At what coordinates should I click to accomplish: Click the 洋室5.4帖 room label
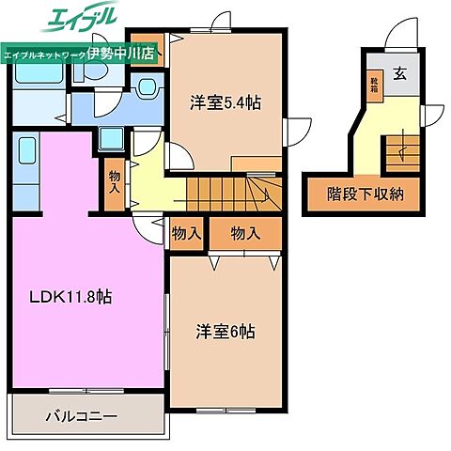(x=227, y=103)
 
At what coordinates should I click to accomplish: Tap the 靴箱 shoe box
(x=374, y=88)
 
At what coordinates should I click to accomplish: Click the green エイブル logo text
(x=81, y=18)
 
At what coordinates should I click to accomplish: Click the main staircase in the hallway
(x=229, y=194)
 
